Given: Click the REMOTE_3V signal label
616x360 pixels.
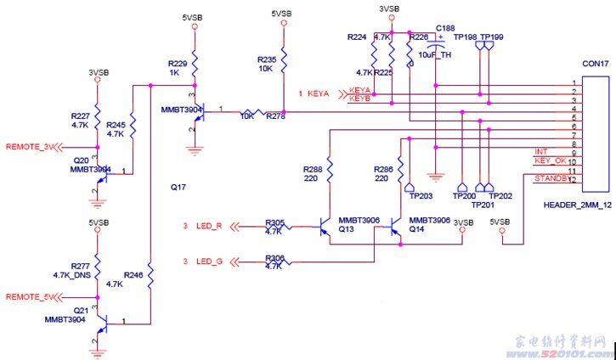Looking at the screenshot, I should pos(29,147).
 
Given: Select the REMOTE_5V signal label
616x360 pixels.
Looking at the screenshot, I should pos(29,296).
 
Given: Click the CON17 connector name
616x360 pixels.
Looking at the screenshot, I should pos(595,64).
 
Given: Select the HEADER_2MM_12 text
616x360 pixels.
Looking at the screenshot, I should pos(577,205).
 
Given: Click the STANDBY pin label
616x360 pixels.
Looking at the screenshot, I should pos(550,177).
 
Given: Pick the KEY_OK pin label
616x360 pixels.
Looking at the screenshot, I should pos(549,160).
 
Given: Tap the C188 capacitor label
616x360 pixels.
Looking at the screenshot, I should pos(445,29).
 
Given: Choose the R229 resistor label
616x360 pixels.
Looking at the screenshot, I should pos(177,64).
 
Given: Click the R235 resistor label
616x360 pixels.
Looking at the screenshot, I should pos(267,60).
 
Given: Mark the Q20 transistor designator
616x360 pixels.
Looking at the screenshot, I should pos(81,160).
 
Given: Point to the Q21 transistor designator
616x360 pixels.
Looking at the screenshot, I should pos(81,310).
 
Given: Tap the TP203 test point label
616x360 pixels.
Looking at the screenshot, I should pos(420,196).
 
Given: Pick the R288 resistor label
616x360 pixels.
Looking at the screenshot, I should pos(312,170).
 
